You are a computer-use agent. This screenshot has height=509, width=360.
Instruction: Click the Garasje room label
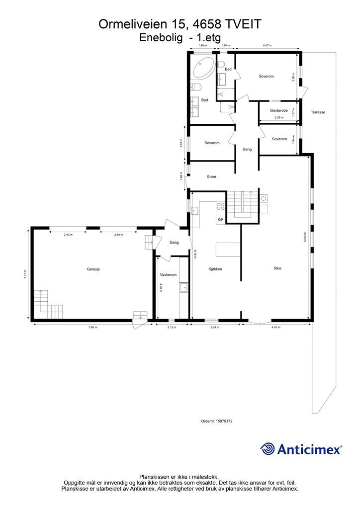[x=93, y=269]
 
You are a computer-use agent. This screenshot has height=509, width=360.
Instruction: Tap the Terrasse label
[x=318, y=112]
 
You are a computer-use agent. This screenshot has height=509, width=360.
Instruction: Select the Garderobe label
[x=279, y=110]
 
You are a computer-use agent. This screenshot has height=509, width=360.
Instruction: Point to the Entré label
[x=212, y=176]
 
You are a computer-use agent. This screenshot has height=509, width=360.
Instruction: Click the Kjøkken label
[x=215, y=269]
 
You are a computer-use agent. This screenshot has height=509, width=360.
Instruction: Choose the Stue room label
[x=277, y=268]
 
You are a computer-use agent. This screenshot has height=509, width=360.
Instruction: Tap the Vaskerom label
[x=168, y=274]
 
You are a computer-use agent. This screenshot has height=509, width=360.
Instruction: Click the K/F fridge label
[x=220, y=219]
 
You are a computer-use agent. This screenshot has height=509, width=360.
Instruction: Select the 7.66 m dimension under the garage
[x=93, y=328]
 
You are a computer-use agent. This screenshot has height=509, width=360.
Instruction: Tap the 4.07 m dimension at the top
[x=267, y=46]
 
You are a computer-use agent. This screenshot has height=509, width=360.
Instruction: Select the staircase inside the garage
[x=48, y=304]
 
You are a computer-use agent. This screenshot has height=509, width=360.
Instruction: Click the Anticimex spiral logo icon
[x=268, y=449]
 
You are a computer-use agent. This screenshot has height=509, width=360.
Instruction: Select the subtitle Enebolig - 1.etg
[x=180, y=37]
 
